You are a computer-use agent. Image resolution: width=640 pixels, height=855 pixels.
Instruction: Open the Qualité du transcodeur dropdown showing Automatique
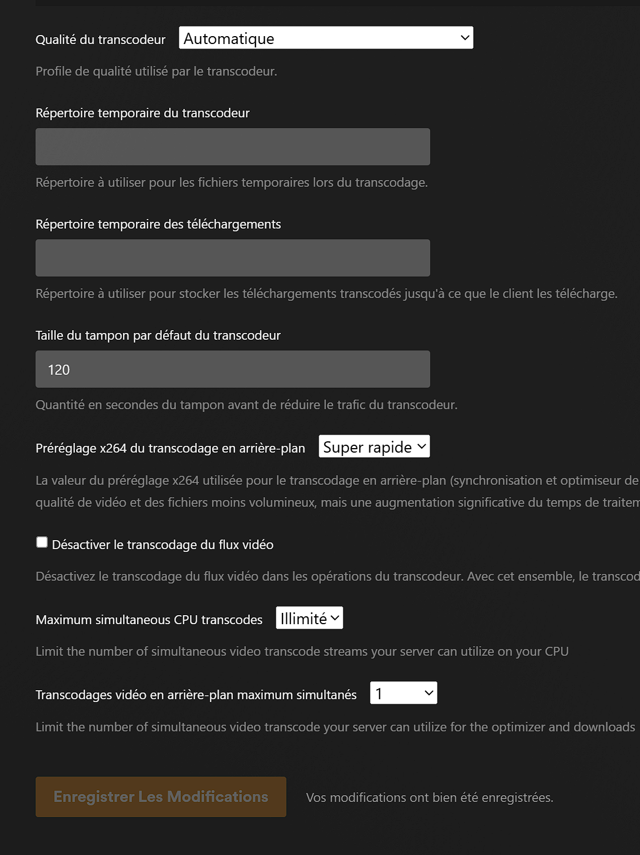click(325, 38)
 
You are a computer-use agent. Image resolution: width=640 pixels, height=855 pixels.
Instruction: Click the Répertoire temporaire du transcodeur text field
click(232, 147)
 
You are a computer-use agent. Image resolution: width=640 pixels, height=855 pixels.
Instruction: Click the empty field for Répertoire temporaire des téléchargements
click(232, 258)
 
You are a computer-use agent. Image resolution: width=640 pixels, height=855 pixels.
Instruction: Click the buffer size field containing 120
click(232, 369)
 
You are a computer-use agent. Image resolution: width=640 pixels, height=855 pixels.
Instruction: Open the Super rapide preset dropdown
click(374, 446)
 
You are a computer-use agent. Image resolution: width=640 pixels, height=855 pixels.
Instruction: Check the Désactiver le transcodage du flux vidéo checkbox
click(42, 542)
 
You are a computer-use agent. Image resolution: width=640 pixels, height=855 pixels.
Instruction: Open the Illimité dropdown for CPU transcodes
click(309, 618)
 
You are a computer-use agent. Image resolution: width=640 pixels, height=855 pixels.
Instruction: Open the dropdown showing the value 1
click(403, 693)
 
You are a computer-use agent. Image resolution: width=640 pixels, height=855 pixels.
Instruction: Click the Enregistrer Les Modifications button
click(161, 797)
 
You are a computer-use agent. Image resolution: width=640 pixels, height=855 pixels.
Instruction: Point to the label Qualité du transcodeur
click(100, 40)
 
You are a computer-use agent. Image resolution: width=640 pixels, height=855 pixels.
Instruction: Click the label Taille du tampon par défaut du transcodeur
click(158, 335)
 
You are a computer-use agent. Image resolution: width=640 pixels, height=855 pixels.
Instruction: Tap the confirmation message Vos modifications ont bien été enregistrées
click(429, 797)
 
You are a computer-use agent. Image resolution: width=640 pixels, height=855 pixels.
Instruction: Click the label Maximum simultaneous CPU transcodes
click(149, 620)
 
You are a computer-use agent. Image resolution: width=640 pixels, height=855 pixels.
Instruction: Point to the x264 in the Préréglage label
click(113, 448)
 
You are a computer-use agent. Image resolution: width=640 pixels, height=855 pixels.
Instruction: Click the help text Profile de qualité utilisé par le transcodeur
click(156, 71)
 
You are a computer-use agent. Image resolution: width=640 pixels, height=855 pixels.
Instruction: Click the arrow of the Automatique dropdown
click(465, 38)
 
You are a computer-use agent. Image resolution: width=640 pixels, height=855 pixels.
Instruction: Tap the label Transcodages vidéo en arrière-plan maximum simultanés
click(196, 695)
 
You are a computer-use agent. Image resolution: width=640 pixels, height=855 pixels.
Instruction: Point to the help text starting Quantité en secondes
click(246, 405)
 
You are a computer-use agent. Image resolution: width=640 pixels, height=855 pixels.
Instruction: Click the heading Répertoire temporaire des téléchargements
click(158, 224)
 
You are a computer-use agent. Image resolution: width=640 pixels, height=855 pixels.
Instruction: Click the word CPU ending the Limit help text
click(556, 651)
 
